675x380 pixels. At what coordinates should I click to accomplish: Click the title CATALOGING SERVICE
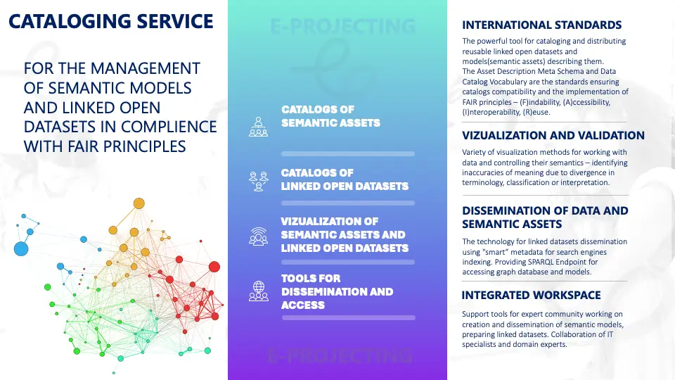[x=110, y=22]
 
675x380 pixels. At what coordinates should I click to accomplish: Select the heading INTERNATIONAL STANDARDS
[x=541, y=25]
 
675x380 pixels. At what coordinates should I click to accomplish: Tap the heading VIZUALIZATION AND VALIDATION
[x=553, y=135]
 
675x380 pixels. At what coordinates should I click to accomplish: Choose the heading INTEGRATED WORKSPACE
[x=531, y=295]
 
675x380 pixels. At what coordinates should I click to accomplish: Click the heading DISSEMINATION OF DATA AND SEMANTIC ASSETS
[x=545, y=217]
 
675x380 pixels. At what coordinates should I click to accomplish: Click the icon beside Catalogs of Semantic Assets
[x=258, y=127]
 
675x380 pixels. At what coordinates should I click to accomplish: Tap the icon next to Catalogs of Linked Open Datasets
[x=258, y=181]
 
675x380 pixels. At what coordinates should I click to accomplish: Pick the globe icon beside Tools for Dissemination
[x=258, y=291]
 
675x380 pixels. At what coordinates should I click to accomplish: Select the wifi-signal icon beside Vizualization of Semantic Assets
[x=258, y=236]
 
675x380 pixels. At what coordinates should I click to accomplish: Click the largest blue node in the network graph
[x=21, y=248]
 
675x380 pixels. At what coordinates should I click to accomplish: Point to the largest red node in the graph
[x=214, y=267]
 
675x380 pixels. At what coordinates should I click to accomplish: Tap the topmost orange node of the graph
[x=139, y=203]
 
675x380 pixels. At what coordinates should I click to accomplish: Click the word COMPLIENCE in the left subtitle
[x=169, y=127]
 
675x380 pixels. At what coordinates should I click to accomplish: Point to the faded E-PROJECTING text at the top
[x=342, y=26]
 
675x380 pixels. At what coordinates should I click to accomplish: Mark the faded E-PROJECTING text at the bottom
[x=340, y=356]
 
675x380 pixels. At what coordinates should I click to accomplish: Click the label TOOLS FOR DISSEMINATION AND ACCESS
[x=337, y=291]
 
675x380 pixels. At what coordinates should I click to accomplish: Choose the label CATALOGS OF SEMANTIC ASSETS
[x=330, y=116]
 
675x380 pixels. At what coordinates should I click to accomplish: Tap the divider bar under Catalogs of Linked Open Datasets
[x=348, y=203]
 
